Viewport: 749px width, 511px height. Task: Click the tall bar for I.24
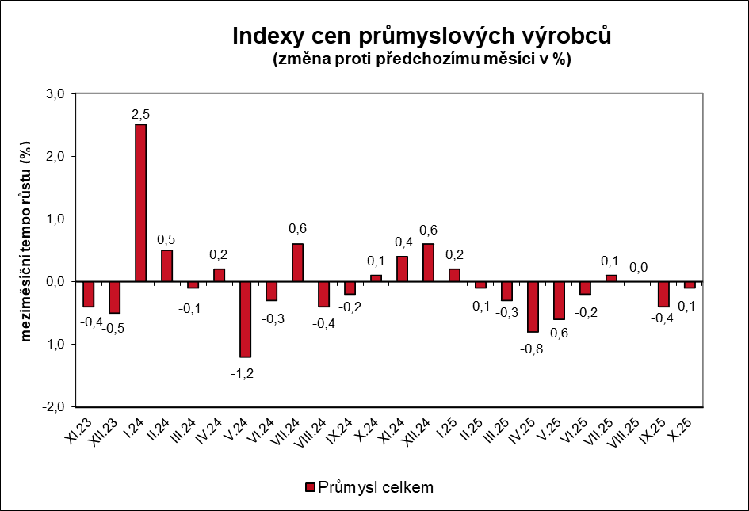(140, 203)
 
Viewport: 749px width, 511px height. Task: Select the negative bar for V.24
(245, 319)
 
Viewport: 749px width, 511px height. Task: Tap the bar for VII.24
(297, 262)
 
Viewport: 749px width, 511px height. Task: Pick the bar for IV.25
(533, 307)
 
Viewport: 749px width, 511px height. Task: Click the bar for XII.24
(428, 262)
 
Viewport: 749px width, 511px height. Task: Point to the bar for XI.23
(88, 294)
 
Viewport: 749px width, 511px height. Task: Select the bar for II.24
(166, 265)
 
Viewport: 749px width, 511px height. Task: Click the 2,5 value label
(140, 115)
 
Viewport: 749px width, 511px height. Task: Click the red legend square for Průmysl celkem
(309, 486)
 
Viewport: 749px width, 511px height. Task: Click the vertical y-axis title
(26, 242)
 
